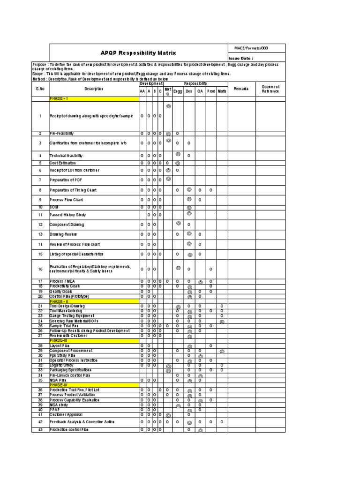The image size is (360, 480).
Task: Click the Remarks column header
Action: pyautogui.click(x=241, y=89)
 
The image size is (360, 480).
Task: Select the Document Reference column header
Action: pyautogui.click(x=270, y=89)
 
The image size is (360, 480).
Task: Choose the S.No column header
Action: pyautogui.click(x=40, y=89)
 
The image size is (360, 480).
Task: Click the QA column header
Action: pyautogui.click(x=200, y=91)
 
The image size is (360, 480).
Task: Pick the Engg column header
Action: pyautogui.click(x=178, y=91)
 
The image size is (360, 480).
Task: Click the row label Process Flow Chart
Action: pyautogui.click(x=67, y=200)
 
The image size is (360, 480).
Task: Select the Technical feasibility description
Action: pyautogui.click(x=68, y=155)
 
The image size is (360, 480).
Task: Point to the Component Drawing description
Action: pyautogui.click(x=67, y=225)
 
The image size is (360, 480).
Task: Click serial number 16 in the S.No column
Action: pyautogui.click(x=40, y=269)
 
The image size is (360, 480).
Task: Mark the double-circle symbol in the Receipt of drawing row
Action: pyautogui.click(x=168, y=106)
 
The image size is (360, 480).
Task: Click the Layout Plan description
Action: pyautogui.click(x=60, y=345)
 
